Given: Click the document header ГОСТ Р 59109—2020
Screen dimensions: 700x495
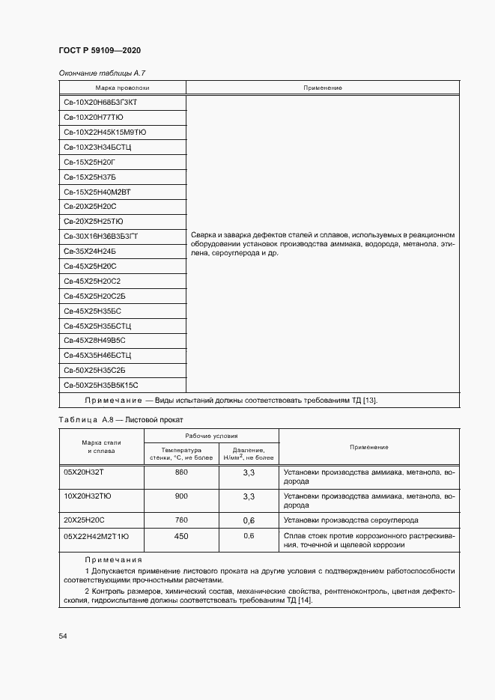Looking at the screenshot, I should (x=99, y=50).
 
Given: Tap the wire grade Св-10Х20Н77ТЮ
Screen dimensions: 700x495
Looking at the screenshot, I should (x=93, y=118).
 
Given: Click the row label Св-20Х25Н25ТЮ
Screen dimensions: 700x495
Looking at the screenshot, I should (x=94, y=222).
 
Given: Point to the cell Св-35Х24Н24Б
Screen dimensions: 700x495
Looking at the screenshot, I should (x=90, y=251).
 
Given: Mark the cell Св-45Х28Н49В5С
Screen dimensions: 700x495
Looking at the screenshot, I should (x=94, y=340).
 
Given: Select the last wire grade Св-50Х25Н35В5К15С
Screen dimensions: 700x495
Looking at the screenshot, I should (x=101, y=384).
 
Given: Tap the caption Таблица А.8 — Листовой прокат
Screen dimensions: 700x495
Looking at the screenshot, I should (x=121, y=420).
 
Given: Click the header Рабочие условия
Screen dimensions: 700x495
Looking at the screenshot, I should (x=211, y=435).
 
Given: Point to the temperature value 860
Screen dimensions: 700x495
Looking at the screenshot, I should (x=181, y=473).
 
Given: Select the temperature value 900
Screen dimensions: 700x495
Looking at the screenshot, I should (x=181, y=496).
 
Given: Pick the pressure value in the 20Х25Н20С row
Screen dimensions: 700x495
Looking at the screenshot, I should (x=249, y=520).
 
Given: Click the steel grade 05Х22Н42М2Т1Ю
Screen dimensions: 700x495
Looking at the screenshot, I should (x=96, y=536).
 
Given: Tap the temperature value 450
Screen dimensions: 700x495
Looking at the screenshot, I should (x=181, y=536).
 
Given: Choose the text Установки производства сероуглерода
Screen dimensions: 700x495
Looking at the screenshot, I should (x=351, y=520).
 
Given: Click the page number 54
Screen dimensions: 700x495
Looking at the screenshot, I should (x=63, y=636).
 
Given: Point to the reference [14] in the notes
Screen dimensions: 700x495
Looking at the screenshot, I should (x=305, y=600).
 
